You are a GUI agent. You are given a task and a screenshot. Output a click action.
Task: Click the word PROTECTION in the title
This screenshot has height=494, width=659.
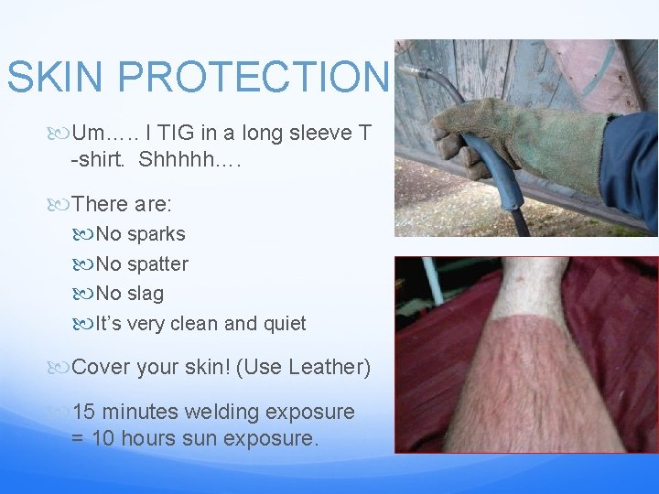point(253,78)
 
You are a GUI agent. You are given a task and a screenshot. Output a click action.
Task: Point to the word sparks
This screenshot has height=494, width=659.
point(156,234)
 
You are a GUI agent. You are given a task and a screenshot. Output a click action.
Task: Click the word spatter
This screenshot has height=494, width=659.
point(157,264)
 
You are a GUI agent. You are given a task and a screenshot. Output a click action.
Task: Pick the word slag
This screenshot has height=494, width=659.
point(146,294)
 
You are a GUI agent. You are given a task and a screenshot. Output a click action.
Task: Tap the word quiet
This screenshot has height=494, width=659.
point(284,324)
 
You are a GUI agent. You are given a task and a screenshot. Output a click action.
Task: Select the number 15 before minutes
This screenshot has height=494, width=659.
point(84,412)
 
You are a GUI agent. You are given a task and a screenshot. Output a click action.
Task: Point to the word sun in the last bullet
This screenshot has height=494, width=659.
point(193,439)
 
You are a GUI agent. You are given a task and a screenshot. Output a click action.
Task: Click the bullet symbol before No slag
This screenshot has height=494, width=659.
point(87,295)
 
